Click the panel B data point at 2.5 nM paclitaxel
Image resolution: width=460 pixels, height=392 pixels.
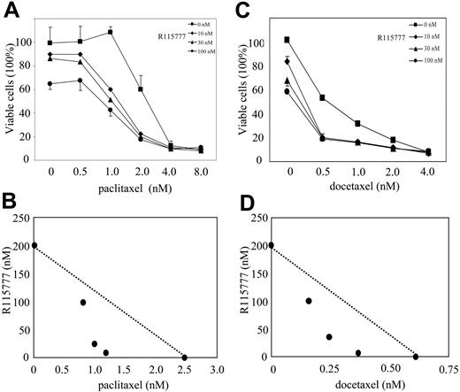coord(184,357)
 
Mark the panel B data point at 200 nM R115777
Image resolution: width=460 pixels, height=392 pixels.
coord(34,246)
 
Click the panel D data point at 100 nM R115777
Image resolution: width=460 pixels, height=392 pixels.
coord(309,301)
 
